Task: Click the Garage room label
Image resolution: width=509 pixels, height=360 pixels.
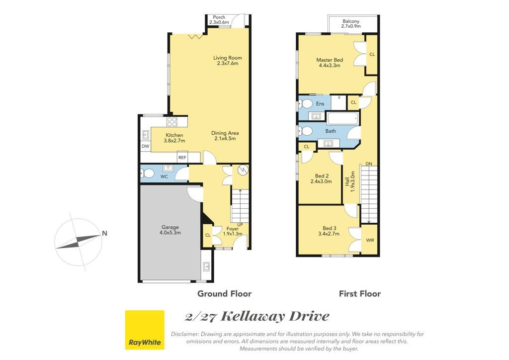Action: tap(170, 227)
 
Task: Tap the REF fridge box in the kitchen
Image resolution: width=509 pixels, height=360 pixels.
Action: tap(182, 158)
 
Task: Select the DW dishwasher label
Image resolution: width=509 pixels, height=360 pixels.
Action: tap(146, 146)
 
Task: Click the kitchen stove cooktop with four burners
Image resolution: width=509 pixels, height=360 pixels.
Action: tap(172, 122)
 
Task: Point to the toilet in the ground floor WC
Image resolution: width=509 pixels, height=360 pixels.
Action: tap(148, 174)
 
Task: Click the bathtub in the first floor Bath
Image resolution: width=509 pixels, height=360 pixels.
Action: tap(343, 118)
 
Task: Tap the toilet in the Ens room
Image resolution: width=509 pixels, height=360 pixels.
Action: tap(305, 104)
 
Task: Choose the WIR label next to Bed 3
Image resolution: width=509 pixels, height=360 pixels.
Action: tap(370, 240)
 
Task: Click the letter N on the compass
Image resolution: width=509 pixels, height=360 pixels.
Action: tap(104, 233)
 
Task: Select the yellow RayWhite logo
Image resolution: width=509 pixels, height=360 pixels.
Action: tap(145, 330)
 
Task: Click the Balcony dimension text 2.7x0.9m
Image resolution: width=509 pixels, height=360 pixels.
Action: tap(350, 26)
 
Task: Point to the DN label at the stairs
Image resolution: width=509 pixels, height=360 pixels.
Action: tap(369, 164)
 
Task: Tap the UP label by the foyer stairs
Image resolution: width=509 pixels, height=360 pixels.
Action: tap(240, 225)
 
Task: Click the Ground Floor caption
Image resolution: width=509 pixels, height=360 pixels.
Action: tap(224, 294)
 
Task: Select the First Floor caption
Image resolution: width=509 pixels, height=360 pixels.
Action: tap(360, 294)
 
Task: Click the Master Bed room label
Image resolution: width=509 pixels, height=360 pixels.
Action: tap(330, 60)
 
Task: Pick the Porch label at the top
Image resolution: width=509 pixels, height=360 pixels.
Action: tap(219, 17)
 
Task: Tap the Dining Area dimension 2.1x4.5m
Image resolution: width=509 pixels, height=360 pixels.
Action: tap(225, 139)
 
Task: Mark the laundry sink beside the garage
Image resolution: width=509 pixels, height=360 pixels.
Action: tap(206, 266)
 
